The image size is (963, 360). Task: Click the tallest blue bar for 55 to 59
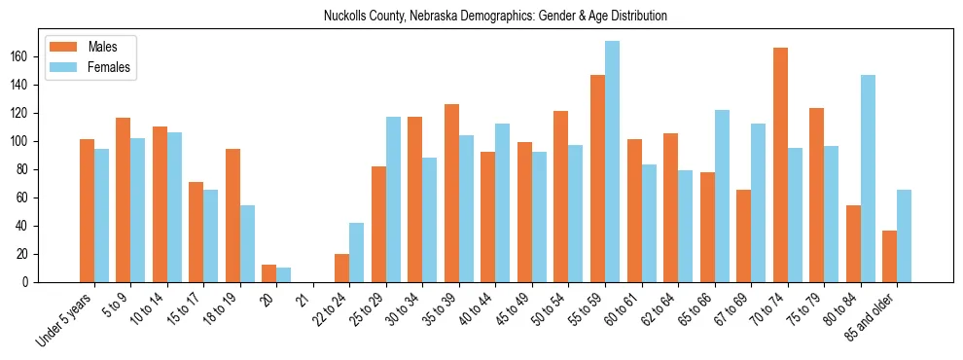click(x=612, y=162)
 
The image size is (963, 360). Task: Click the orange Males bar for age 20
click(x=269, y=273)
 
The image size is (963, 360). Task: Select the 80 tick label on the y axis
click(x=29, y=169)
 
